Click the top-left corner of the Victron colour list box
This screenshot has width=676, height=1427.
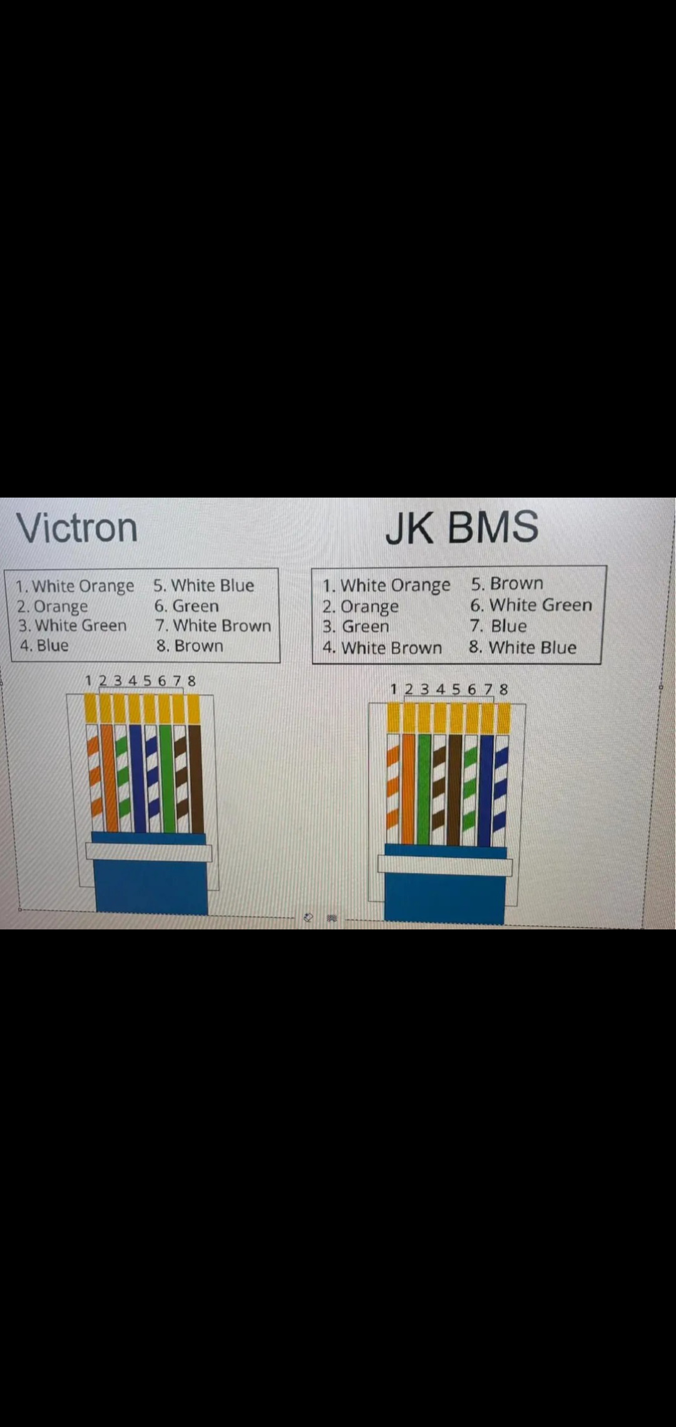point(5,570)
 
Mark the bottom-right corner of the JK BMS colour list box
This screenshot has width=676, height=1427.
point(601,664)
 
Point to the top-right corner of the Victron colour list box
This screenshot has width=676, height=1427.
point(279,568)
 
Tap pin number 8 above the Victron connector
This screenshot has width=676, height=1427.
point(191,680)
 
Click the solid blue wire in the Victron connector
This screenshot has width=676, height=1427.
point(136,779)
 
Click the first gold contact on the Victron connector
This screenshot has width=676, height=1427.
point(90,709)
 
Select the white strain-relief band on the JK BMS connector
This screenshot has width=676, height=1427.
point(445,865)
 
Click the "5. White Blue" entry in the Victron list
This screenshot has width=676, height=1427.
point(204,586)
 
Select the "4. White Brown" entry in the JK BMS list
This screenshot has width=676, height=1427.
point(382,648)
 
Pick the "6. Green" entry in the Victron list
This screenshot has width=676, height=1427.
point(187,606)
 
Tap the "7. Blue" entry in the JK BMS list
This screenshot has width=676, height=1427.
point(498,626)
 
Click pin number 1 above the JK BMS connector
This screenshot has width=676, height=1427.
point(394,689)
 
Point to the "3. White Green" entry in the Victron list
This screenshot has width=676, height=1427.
point(72,625)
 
